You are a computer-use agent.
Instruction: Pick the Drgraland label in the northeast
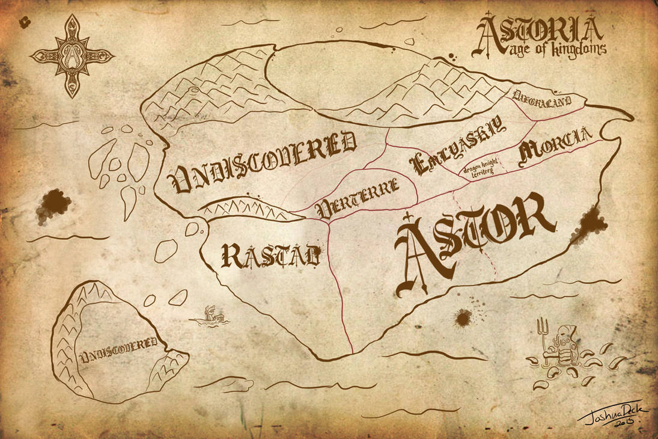tap(548, 98)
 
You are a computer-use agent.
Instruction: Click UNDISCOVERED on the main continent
tap(263, 162)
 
